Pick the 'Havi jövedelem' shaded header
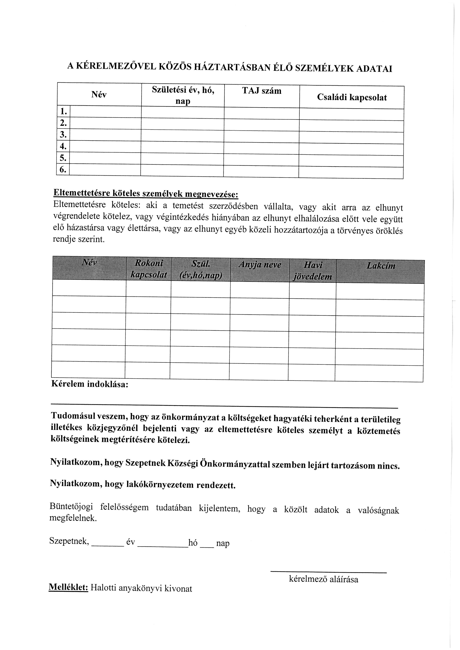313,271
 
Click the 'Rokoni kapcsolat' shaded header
149,269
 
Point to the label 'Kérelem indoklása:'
90,384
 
